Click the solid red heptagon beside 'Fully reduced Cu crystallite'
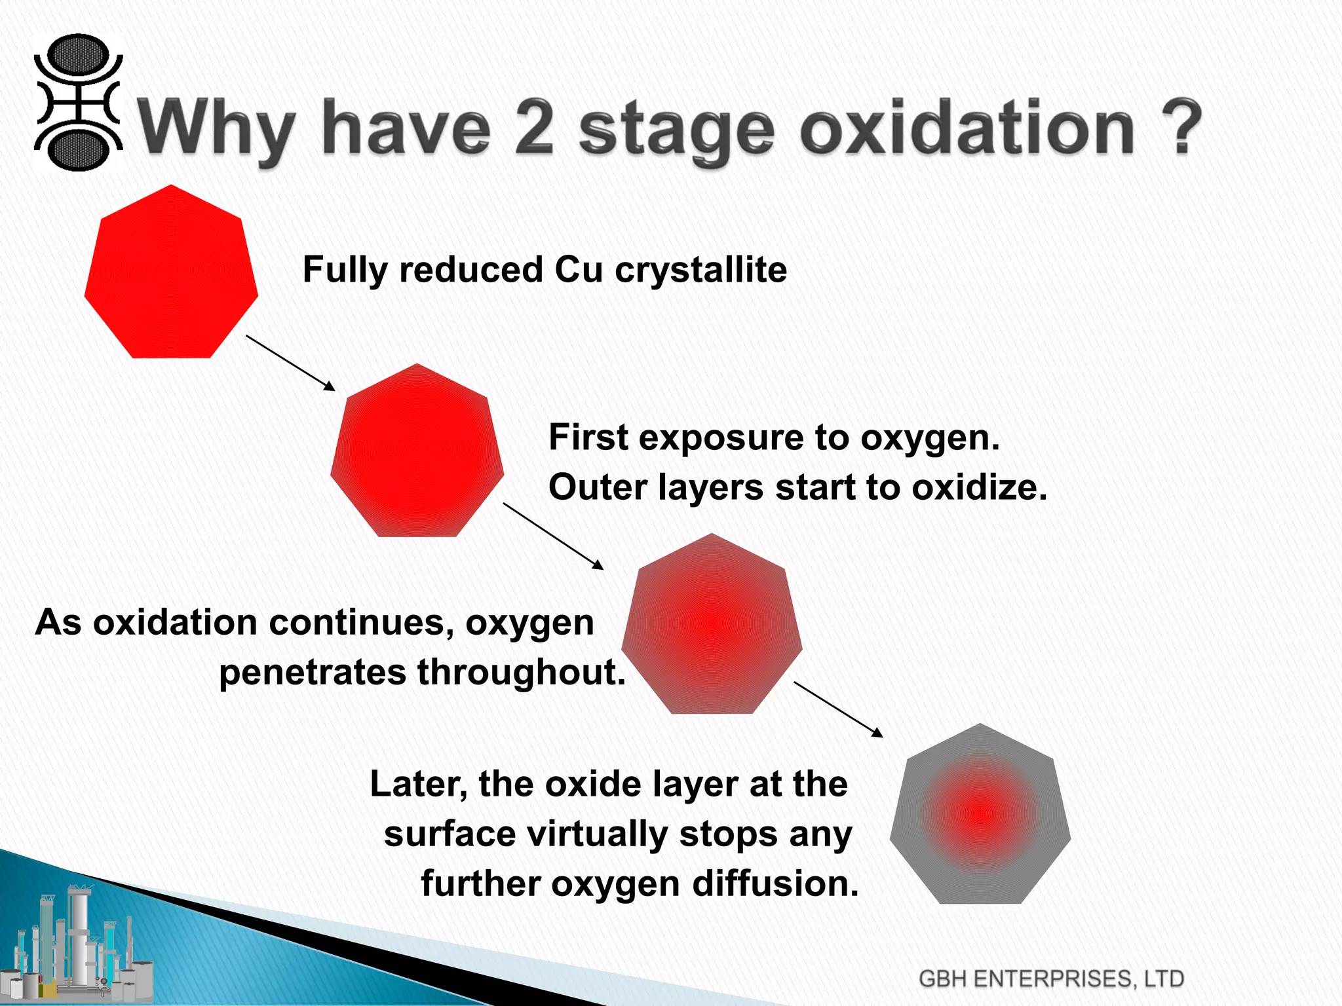[x=171, y=275]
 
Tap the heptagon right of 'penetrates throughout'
[x=712, y=626]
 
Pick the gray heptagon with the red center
[x=980, y=816]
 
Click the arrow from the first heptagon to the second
[x=290, y=363]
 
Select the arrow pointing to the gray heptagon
[x=838, y=709]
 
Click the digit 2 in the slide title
[x=535, y=128]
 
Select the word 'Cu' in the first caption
[x=579, y=270]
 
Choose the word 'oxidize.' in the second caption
[x=980, y=488]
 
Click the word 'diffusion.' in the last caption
[x=776, y=884]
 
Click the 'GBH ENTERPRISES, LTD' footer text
[x=1051, y=978]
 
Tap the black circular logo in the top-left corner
[x=78, y=103]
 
